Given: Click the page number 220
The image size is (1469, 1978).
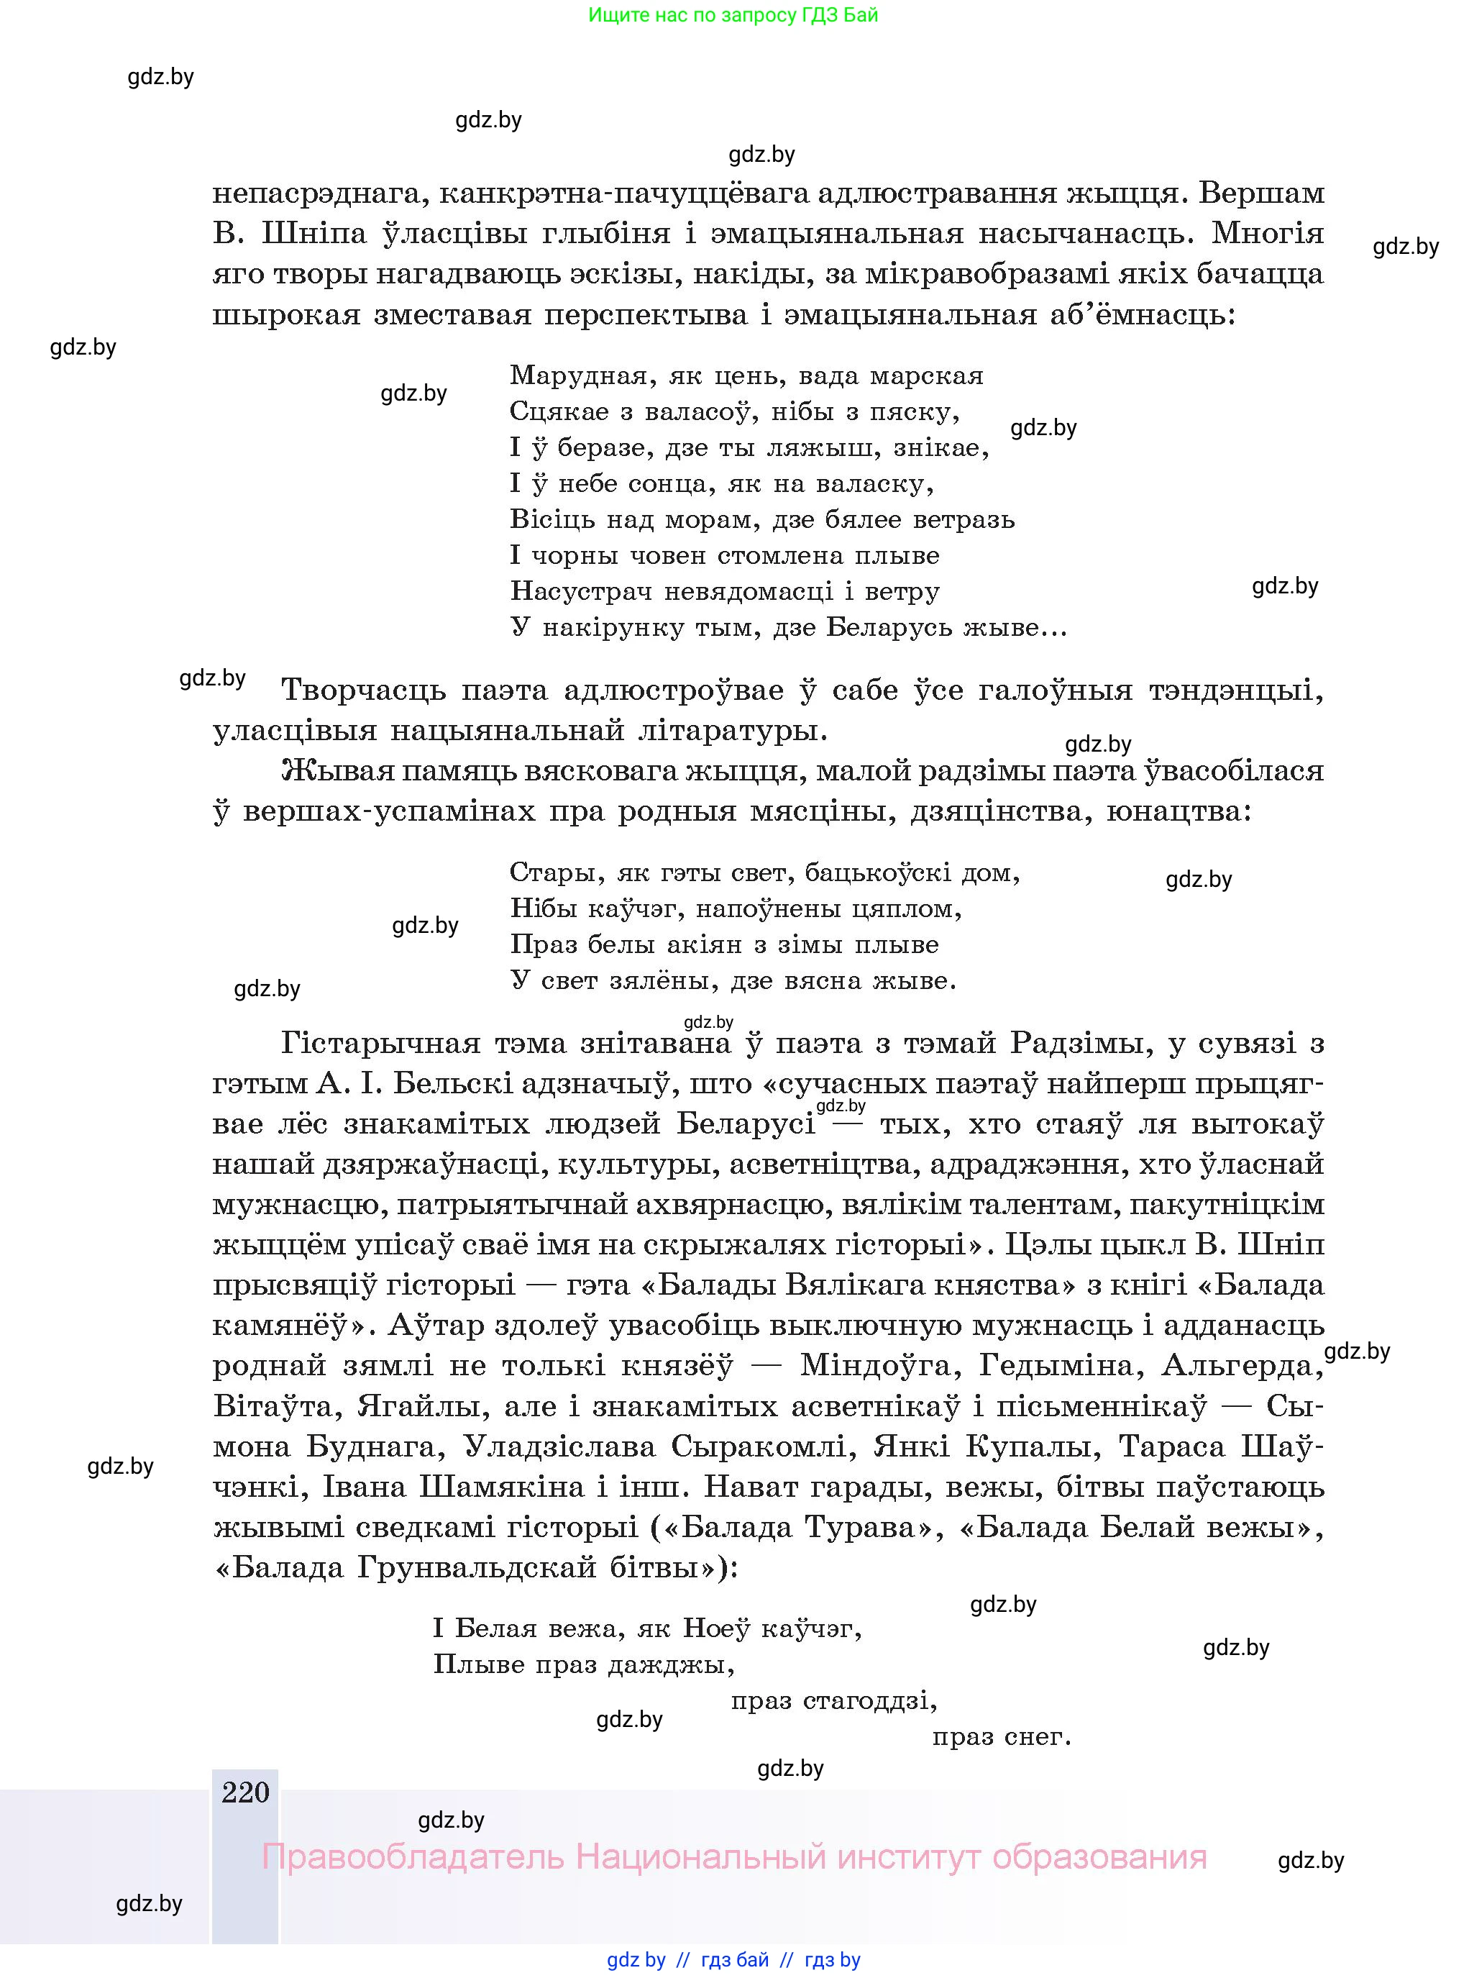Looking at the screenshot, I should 245,1792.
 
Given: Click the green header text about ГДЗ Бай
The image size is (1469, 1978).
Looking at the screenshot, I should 733,15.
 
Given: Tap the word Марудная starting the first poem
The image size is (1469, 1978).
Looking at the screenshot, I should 578,376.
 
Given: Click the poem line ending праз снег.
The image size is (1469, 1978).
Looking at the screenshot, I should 1002,1736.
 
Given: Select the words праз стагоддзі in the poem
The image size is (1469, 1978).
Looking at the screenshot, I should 833,1700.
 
